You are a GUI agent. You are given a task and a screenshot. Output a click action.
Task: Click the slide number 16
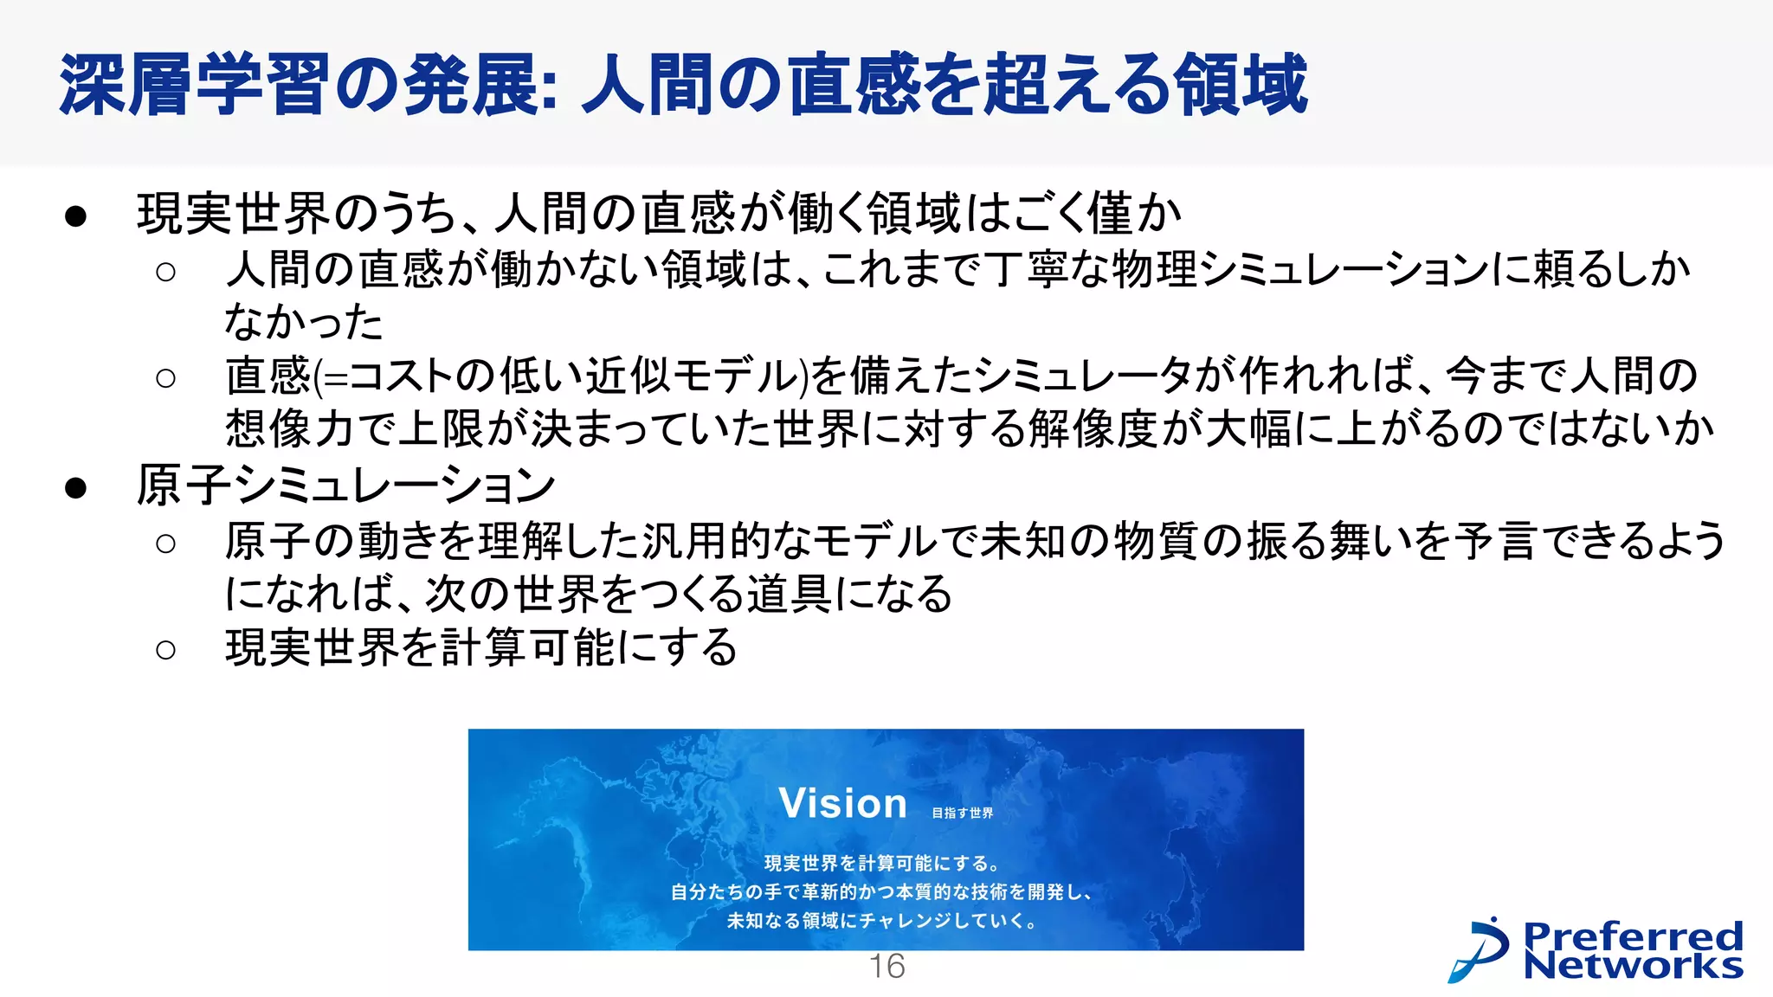point(886,966)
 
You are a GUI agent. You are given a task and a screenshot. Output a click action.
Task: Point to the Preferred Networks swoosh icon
point(1479,949)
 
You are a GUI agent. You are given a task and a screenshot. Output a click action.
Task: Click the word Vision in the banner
point(842,803)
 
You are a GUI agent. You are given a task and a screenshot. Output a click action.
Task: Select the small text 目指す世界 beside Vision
point(963,813)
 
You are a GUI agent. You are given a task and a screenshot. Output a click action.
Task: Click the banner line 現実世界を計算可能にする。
point(882,863)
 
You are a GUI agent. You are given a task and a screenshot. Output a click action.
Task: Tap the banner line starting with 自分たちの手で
point(882,891)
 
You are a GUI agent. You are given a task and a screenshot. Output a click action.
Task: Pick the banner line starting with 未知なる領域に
point(882,920)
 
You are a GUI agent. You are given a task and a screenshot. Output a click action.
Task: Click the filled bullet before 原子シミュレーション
point(76,487)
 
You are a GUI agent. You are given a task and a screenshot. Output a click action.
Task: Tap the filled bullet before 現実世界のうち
point(76,215)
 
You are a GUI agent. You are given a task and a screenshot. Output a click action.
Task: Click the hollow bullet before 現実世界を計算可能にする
point(165,649)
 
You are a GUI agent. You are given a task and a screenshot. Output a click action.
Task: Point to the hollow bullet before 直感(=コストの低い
point(165,377)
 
